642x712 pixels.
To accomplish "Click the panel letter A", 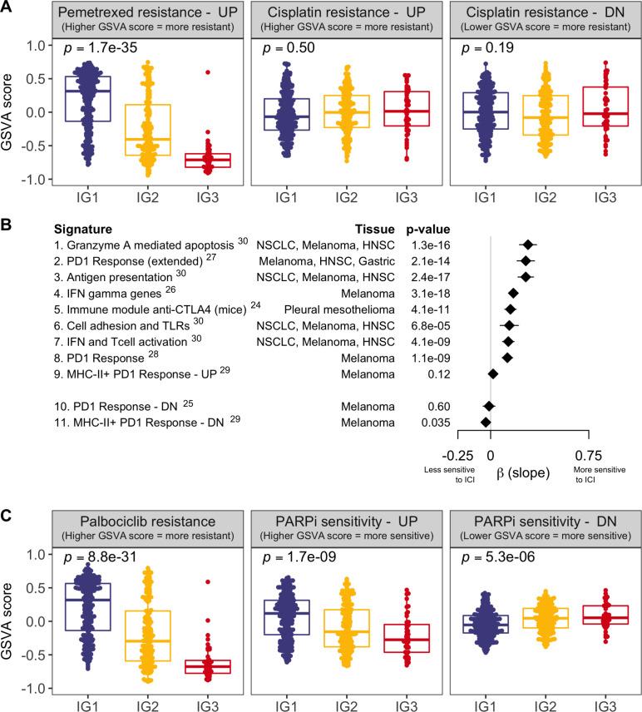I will [x=7, y=7].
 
